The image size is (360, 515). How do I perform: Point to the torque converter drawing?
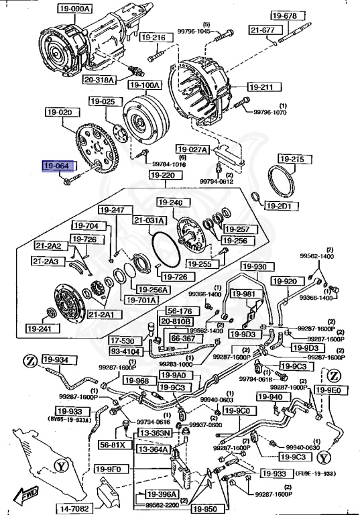(141, 123)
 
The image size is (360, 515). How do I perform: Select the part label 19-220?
(162, 176)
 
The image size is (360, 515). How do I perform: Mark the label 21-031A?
(148, 220)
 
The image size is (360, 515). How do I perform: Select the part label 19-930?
(255, 267)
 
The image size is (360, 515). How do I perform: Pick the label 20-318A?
(100, 80)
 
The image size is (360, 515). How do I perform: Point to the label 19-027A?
(192, 149)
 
